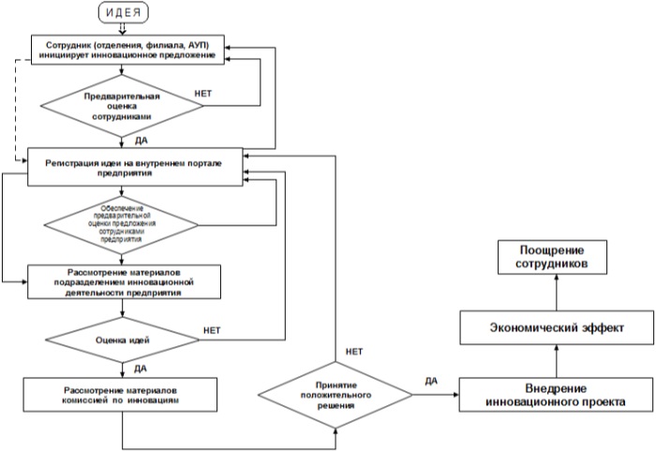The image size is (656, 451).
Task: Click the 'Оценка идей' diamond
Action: click(123, 333)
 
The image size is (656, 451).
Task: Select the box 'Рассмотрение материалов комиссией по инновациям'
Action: click(123, 394)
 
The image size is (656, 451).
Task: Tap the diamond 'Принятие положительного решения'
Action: click(335, 394)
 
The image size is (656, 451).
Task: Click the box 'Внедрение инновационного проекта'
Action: click(556, 394)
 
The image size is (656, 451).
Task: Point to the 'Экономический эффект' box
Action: click(556, 328)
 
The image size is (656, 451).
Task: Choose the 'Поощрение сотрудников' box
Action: click(556, 258)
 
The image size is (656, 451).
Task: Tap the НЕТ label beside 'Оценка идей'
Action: click(214, 330)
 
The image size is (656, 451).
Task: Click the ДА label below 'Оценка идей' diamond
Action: click(141, 368)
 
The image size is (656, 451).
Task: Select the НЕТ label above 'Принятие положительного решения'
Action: click(353, 352)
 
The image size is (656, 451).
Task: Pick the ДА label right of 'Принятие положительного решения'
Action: click(431, 381)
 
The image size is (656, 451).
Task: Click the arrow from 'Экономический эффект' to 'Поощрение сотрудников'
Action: click(556, 293)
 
